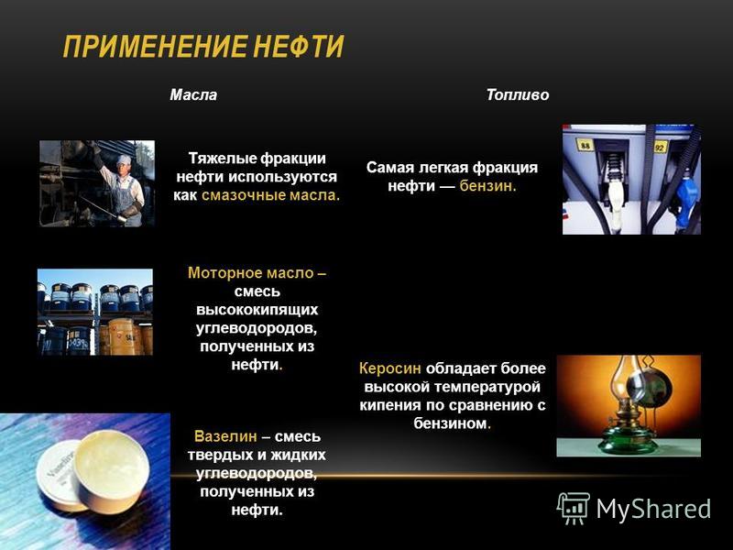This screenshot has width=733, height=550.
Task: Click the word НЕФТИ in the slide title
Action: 300,47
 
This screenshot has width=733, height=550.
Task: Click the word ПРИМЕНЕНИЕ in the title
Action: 155,47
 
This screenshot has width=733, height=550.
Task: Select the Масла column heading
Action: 193,95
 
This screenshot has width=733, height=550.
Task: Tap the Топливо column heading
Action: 518,95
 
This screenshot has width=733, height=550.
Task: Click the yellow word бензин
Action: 487,186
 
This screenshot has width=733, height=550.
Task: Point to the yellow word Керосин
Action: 390,368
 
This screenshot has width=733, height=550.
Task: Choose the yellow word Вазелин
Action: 225,436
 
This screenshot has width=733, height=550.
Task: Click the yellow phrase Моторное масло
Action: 251,272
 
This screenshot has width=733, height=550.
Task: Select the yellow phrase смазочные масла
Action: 270,195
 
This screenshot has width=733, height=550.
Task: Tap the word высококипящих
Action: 257,310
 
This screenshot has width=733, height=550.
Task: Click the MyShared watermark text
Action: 653,509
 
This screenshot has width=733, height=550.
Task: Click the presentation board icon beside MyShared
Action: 574,508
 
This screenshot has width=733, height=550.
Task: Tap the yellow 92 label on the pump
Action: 659,147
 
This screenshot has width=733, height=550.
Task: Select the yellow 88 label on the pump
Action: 585,145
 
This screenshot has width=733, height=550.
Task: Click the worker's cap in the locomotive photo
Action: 124,159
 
